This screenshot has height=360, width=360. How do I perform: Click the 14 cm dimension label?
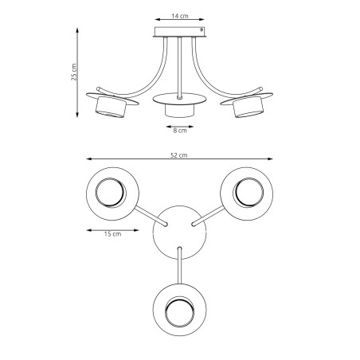(x=180, y=16)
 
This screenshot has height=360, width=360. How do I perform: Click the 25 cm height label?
(x=74, y=72)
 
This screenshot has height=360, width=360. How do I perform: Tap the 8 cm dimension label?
(x=180, y=131)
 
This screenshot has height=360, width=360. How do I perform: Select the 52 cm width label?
(x=179, y=155)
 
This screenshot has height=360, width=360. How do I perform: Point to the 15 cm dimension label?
(x=112, y=234)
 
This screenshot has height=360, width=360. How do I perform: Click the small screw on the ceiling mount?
(x=202, y=29)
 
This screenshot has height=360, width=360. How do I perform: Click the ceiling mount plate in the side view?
(x=180, y=32)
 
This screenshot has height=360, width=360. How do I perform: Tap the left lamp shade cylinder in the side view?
(x=111, y=107)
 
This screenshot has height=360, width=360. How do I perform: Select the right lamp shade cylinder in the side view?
(x=248, y=107)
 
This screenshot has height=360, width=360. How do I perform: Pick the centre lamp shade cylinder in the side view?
(x=179, y=111)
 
